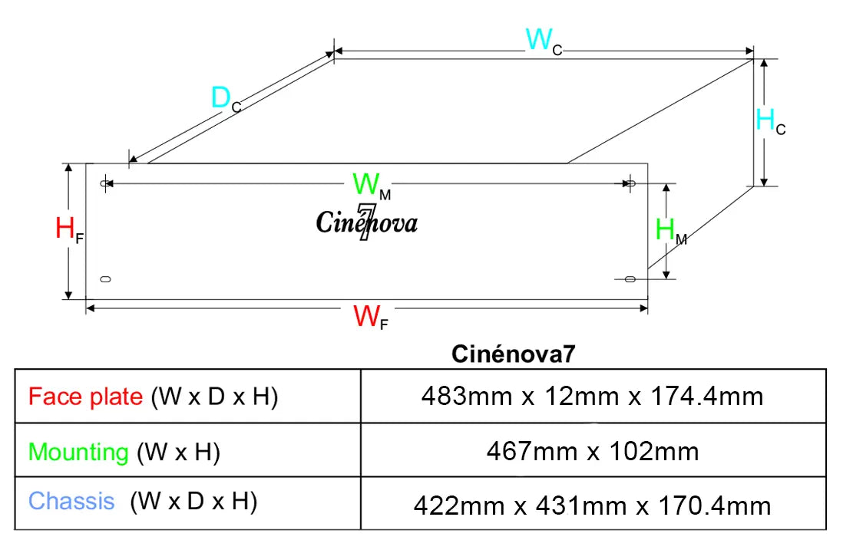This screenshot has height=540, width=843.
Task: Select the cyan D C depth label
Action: point(226,100)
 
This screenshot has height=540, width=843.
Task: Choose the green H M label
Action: point(670,231)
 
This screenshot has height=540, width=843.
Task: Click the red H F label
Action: point(69,230)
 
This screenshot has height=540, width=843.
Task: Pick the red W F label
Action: point(370,317)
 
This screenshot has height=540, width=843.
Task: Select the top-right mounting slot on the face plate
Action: point(631,183)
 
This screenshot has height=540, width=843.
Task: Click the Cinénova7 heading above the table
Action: point(513,354)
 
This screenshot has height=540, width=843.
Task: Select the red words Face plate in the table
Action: point(85,397)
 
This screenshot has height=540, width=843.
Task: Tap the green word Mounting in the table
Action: point(78,453)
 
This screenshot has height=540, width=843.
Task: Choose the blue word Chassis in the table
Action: point(71,502)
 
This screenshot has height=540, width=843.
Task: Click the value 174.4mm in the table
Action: point(706,397)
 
